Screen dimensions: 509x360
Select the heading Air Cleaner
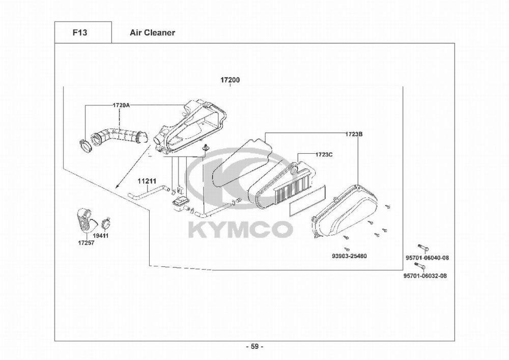tap(152, 33)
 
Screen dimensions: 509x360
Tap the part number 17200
tap(230, 80)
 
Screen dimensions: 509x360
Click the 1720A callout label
tap(121, 105)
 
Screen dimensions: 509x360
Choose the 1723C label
tap(324, 154)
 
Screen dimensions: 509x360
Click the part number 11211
tap(146, 180)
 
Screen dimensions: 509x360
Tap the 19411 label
tap(105, 236)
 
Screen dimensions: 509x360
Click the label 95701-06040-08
tap(427, 258)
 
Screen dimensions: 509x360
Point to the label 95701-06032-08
tap(425, 276)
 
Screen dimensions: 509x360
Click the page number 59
tap(254, 347)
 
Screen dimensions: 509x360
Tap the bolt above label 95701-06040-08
tap(422, 248)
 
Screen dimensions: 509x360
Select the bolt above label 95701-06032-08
tap(420, 266)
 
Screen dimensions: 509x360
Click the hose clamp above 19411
tap(106, 222)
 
